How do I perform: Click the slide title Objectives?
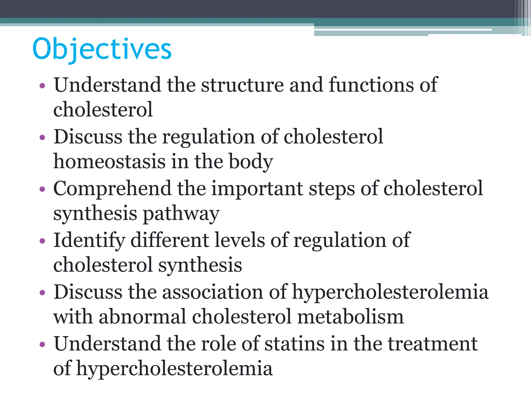tap(102, 49)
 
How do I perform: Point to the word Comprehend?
tap(112, 189)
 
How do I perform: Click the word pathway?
tap(181, 214)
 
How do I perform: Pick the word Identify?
tap(89, 240)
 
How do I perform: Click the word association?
tap(213, 292)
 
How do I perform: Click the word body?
tap(251, 162)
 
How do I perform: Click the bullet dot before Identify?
tap(43, 241)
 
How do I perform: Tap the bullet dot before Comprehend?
tap(43, 189)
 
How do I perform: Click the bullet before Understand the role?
tap(43, 345)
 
